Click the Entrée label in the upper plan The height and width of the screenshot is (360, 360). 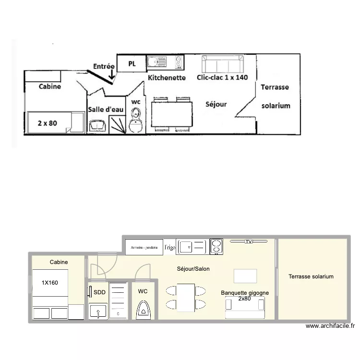click(104, 67)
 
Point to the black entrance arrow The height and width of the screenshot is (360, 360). click(112, 74)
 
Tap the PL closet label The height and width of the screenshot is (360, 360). click(132, 63)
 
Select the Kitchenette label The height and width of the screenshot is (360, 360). click(167, 77)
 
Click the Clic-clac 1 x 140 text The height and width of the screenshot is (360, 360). click(222, 77)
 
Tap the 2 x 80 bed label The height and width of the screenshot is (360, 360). click(47, 123)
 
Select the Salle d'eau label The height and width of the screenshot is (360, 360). click(106, 109)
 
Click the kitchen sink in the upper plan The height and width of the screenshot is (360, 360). click(156, 62)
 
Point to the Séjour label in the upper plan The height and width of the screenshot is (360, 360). click(216, 104)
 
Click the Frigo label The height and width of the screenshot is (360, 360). click(169, 248)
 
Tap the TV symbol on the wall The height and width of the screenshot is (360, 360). click(248, 241)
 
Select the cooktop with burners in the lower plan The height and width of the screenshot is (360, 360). click(217, 247)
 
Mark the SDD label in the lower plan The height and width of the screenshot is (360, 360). click(99, 292)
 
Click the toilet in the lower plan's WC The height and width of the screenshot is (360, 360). click(143, 309)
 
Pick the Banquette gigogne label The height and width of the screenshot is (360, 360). click(245, 293)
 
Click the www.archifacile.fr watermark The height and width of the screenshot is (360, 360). click(330, 326)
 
